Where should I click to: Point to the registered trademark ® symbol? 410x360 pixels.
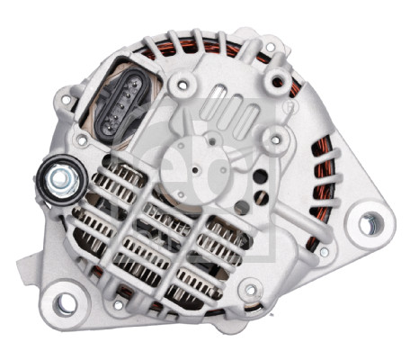tap(289, 107)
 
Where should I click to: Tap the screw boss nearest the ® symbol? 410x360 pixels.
tap(276, 136)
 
